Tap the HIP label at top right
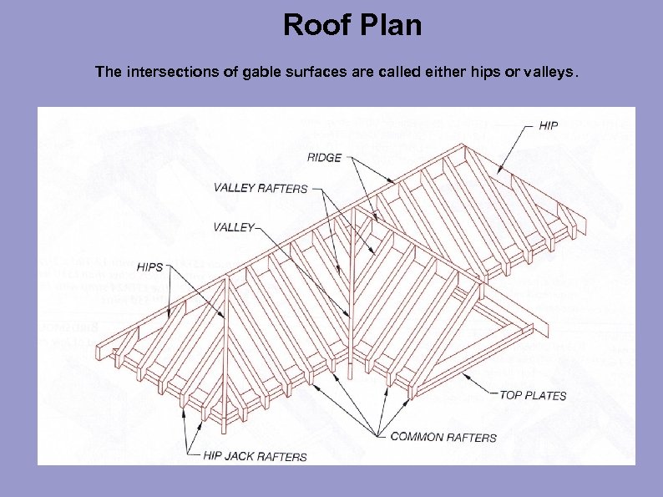[548, 126]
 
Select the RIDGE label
[324, 157]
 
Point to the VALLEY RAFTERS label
[261, 188]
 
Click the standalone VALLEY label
[234, 227]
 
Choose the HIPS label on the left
[149, 267]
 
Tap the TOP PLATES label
[533, 395]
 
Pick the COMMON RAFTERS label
[443, 436]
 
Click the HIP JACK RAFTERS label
[255, 457]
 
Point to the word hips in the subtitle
[483, 73]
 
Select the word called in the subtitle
[381, 73]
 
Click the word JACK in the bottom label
[242, 457]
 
